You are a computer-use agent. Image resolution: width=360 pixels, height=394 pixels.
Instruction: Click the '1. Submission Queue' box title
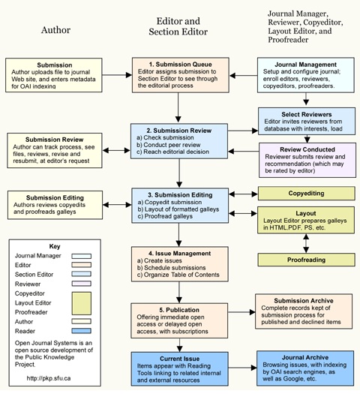point(181,65)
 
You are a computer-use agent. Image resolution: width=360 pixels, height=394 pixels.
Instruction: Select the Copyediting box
point(306,193)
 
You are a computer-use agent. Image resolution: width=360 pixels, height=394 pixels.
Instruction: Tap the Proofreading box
point(306,260)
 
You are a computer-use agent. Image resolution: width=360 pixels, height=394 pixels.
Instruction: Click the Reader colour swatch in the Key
point(81,331)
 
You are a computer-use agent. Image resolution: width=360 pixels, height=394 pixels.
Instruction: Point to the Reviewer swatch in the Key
point(81,284)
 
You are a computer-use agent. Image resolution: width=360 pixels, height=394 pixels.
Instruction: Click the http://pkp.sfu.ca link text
point(49,378)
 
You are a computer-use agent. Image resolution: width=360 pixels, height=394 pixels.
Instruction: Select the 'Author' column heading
point(55,30)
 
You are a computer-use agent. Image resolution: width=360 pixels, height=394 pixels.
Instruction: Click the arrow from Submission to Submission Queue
point(117,75)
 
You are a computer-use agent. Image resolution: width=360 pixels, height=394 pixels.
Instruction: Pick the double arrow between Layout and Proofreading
point(306,243)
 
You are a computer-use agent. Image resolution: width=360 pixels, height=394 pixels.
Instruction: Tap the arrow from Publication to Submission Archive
point(241,312)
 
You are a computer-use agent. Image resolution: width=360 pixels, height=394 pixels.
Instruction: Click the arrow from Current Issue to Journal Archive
point(242,368)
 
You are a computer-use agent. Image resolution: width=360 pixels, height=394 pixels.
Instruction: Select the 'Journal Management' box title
point(305,65)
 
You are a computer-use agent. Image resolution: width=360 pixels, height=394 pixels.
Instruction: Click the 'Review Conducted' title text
point(307,149)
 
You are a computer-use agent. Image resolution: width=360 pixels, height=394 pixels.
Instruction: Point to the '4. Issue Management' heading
point(179,254)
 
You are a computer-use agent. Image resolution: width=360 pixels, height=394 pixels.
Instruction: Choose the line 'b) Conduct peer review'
point(169,145)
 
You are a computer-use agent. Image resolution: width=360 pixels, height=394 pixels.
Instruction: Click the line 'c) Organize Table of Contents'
point(178,275)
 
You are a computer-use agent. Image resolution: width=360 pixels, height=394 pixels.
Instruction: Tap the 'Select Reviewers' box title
point(307,114)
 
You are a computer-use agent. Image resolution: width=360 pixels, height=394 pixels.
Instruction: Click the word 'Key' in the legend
point(55,246)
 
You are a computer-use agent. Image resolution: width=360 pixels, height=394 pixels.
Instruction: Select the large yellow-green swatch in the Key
point(81,303)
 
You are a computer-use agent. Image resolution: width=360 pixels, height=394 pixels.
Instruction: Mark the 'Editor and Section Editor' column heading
point(178,26)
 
